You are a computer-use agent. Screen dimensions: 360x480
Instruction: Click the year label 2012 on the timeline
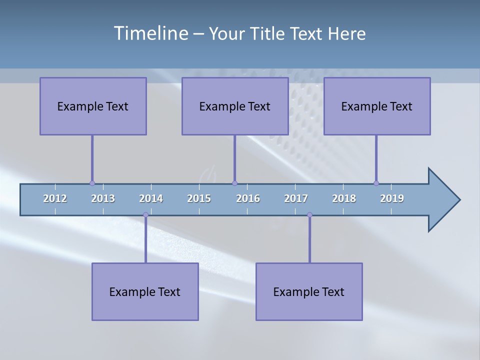[x=55, y=198]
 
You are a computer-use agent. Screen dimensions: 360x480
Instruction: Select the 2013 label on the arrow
[x=103, y=198]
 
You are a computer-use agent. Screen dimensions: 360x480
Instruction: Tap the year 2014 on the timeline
[x=151, y=198]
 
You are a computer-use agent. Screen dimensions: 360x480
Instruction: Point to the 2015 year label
[x=199, y=198]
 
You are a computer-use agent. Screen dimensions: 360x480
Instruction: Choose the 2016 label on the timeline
[x=248, y=198]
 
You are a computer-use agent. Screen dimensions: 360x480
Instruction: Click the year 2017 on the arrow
[x=296, y=198]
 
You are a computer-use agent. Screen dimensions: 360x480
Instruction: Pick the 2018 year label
[x=344, y=198]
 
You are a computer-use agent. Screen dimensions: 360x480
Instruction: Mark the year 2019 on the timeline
[x=392, y=198]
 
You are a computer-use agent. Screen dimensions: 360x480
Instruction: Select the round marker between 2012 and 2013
[x=92, y=183]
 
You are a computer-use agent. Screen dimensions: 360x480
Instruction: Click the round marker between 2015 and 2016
[x=234, y=183]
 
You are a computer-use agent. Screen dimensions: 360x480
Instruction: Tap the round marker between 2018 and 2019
[x=376, y=183]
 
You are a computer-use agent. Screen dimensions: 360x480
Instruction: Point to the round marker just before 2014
[x=145, y=214]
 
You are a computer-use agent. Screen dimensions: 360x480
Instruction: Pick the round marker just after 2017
[x=309, y=214]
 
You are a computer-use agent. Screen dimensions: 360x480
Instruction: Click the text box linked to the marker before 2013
[x=93, y=106]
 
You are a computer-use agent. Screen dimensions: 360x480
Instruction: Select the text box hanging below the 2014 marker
[x=145, y=291]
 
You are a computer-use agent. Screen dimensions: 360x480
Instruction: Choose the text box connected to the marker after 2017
[x=309, y=291]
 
